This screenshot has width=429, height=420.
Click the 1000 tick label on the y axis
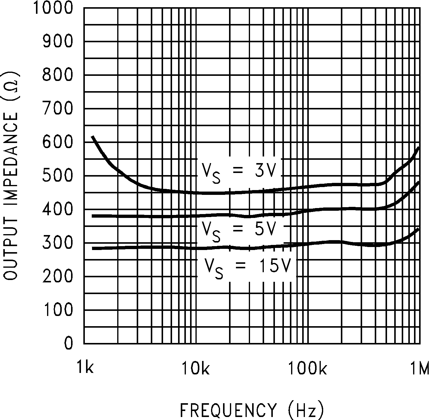click(53, 8)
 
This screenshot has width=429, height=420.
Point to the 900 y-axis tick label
click(58, 41)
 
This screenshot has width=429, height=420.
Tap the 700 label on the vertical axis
click(58, 109)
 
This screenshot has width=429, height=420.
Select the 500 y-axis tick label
click(58, 176)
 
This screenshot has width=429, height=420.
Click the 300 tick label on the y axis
click(58, 243)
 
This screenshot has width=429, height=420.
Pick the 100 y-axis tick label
click(58, 310)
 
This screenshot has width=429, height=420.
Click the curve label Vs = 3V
click(238, 172)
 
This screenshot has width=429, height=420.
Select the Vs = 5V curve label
click(238, 231)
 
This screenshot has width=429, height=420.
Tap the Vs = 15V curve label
click(247, 267)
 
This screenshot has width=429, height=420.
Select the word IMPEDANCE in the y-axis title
click(11, 156)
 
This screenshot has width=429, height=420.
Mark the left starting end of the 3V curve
click(93, 137)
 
